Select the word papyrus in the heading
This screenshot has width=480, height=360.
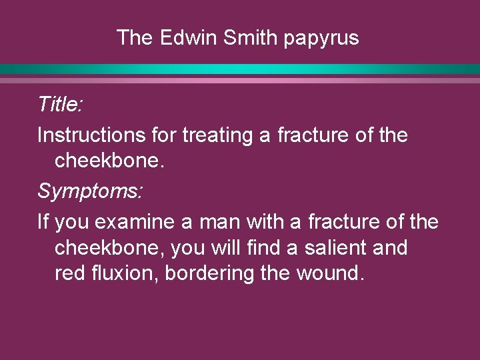point(321,39)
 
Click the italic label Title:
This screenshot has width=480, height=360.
point(59,104)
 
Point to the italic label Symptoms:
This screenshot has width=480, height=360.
point(90,192)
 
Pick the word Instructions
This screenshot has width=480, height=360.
point(90,135)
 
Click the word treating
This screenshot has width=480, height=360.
point(218,136)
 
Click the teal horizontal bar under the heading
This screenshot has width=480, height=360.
point(240,69)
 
